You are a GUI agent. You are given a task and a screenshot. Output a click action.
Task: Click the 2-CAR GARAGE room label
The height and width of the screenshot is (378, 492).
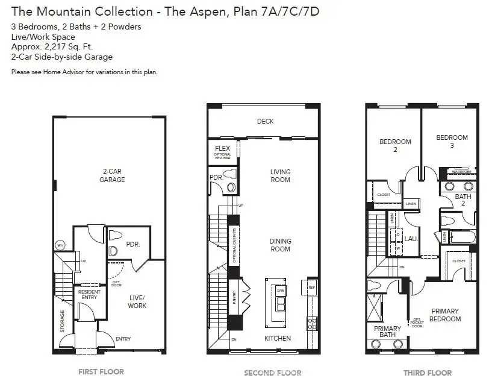112,175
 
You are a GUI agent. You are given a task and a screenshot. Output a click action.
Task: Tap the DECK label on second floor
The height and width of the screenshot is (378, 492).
265,121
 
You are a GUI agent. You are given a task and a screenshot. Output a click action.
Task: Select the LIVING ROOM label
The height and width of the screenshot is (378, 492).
280,175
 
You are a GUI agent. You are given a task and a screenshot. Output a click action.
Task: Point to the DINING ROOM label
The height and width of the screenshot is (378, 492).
280,245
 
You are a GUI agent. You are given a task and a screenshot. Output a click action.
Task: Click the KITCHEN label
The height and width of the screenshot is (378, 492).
278,338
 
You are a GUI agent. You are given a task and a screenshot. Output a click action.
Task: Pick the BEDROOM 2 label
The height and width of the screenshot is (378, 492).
395,145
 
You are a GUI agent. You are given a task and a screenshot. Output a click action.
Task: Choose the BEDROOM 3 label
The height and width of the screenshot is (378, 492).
452,141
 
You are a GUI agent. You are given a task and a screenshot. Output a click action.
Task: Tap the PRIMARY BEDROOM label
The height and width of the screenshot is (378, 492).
445,315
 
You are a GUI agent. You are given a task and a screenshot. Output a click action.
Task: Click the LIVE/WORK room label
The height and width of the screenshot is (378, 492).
137,301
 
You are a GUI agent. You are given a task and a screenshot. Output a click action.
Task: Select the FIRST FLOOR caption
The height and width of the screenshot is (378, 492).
101,371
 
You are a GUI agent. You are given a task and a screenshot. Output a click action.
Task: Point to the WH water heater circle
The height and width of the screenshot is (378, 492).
60,245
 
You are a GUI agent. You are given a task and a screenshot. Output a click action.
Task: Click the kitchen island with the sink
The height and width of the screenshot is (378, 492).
279,301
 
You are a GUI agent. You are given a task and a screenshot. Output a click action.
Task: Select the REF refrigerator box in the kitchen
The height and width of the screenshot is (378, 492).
311,288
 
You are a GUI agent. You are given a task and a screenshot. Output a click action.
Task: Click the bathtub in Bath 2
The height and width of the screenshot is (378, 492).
462,237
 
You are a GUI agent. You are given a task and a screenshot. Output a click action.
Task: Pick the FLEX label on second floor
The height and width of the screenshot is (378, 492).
222,148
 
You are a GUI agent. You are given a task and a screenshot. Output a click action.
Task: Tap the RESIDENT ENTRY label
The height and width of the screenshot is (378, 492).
90,294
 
